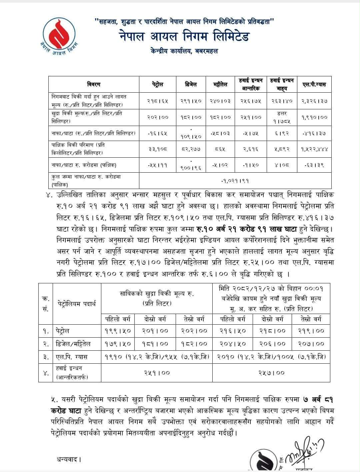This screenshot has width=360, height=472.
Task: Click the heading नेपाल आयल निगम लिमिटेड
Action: [184, 36]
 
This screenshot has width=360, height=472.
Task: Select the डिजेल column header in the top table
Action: [191, 85]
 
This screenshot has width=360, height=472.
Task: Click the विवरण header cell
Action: [94, 85]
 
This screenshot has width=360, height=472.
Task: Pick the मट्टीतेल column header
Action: [220, 85]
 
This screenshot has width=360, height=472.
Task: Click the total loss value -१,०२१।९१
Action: [235, 181]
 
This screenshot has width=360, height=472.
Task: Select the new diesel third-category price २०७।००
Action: [311, 343]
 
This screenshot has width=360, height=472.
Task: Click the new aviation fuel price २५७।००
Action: [271, 373]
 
